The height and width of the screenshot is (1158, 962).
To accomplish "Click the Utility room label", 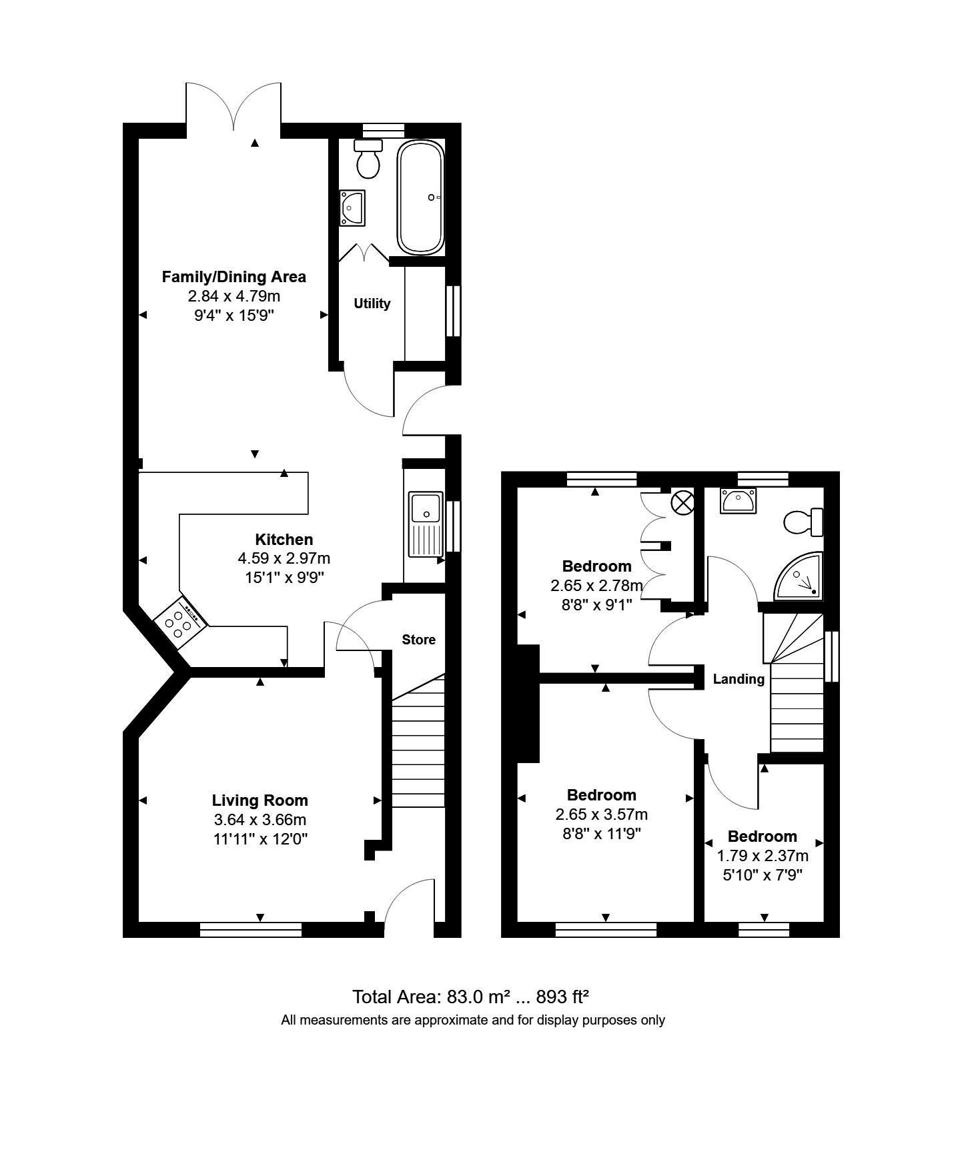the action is [x=372, y=304].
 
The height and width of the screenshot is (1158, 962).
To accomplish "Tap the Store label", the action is [x=418, y=640].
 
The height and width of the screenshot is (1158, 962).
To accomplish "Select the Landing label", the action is [x=739, y=679].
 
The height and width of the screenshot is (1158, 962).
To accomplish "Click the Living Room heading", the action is [x=260, y=800].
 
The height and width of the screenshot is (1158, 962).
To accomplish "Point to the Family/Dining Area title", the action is [x=233, y=277].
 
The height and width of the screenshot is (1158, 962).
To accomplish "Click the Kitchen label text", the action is [x=284, y=540].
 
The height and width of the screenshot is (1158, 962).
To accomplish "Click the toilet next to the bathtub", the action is [x=368, y=160].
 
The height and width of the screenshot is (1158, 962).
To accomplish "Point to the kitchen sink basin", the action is [x=426, y=508].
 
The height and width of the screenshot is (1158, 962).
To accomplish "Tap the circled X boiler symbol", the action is [x=682, y=502].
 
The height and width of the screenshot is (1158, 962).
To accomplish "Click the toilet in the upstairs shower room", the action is [x=803, y=522].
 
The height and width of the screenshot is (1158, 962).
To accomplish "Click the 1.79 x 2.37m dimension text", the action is [x=762, y=856].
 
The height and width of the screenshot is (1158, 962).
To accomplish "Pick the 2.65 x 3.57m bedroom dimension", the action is [x=601, y=814].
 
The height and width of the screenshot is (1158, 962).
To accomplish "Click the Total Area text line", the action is [x=470, y=997].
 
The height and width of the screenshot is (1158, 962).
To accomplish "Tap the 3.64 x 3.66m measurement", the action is [x=260, y=820].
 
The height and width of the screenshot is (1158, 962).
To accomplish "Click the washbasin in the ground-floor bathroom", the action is [x=352, y=207].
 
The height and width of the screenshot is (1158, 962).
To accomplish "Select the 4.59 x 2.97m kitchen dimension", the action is [x=284, y=558].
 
